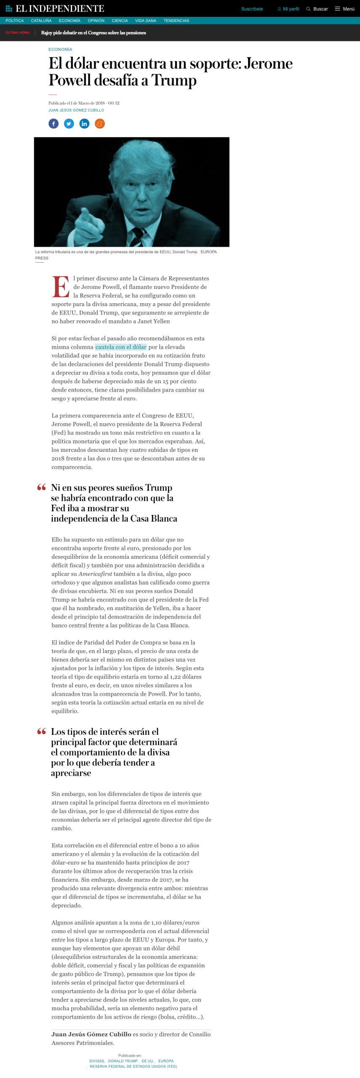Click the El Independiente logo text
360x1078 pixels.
click(60, 8)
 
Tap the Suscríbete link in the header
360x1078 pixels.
click(252, 9)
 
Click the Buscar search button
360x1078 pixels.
click(317, 9)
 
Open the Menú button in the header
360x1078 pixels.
click(344, 9)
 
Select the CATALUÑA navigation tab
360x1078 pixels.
click(41, 21)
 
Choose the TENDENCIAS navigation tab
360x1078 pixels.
click(176, 21)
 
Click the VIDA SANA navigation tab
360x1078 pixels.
click(146, 21)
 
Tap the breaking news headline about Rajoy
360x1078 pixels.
click(93, 33)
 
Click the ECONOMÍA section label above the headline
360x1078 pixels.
click(60, 50)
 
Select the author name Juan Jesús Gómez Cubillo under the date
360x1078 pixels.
click(76, 110)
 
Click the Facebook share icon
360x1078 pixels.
click(53, 124)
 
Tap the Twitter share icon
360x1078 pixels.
click(69, 124)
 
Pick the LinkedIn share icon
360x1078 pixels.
click(85, 124)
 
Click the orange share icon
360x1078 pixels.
click(100, 124)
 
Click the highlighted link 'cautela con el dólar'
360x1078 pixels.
click(121, 347)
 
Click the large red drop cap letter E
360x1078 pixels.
click(61, 287)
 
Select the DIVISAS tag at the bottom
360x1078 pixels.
click(97, 1061)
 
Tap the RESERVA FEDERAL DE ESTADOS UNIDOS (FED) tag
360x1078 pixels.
click(133, 1066)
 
